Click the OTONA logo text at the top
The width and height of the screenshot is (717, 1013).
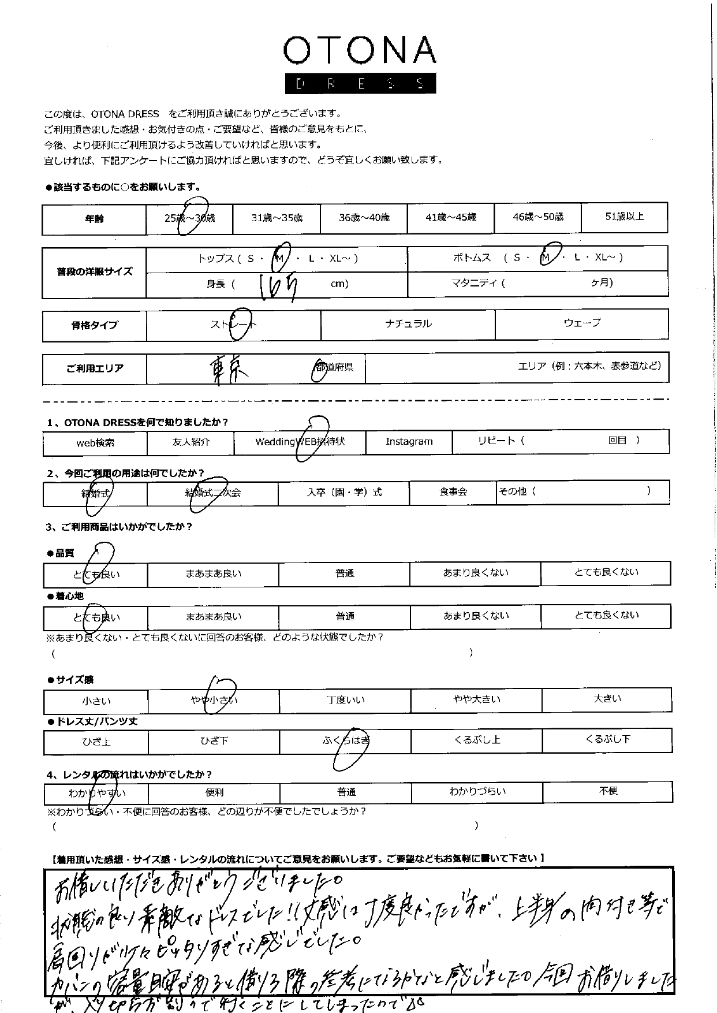[x=359, y=51]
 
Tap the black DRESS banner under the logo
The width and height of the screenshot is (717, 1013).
[x=360, y=83]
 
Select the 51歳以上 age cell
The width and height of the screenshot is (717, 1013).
[x=624, y=217]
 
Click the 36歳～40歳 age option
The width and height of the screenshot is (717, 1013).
[x=364, y=218]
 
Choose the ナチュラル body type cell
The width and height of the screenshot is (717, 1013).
[x=408, y=324]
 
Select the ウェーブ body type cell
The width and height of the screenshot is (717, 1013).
[x=581, y=323]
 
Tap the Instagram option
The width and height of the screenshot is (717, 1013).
[x=409, y=442]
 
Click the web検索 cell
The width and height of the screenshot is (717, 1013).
[x=95, y=443]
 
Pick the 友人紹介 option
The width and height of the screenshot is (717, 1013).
[x=191, y=442]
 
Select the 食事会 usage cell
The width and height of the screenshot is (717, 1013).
[x=453, y=492]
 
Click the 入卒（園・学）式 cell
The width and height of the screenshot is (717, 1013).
[x=344, y=493]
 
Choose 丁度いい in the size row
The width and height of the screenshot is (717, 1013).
[x=345, y=701]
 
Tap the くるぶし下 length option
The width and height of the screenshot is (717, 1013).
[x=607, y=740]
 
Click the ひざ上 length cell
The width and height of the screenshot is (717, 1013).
[x=96, y=742]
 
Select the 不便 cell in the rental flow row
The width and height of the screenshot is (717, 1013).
[x=608, y=791]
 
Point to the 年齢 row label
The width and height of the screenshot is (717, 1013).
[x=94, y=219]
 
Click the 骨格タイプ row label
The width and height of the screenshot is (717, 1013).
[x=94, y=326]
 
